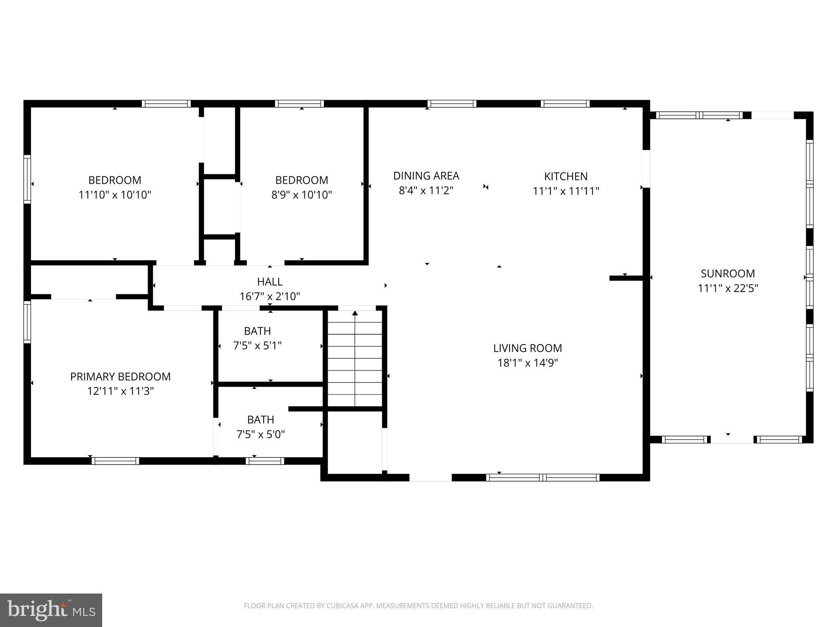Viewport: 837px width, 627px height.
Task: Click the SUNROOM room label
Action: pos(727,273)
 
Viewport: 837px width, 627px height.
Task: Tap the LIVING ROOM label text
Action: pos(527,348)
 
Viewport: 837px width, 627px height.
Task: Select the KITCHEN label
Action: pos(566,176)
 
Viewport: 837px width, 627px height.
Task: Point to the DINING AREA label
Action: pos(426,176)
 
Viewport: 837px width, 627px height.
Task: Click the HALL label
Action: pos(270,282)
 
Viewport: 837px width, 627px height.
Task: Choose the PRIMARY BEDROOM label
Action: pos(120,376)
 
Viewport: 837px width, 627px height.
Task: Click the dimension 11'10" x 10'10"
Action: pos(115,195)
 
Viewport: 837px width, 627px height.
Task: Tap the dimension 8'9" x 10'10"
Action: pos(302,195)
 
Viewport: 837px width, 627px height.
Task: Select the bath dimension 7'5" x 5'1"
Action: pos(257,346)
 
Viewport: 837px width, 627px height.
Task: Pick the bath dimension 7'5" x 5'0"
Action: pos(261,434)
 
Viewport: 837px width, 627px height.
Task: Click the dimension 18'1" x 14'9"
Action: pos(527,363)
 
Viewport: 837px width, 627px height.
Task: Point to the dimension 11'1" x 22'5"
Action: pos(727,288)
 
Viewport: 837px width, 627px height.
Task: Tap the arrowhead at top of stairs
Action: pos(355,313)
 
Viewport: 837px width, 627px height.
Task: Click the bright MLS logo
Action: pos(51,610)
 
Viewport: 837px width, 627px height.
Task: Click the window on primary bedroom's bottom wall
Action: pos(115,461)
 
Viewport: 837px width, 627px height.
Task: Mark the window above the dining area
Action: pos(452,104)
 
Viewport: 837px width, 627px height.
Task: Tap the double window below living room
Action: pos(543,478)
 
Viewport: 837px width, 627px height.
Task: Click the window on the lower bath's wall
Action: pos(265,461)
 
